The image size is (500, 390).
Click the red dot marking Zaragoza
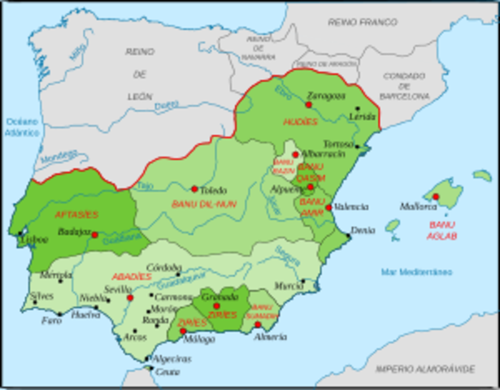click(x=308, y=104)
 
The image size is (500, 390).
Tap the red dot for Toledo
click(x=194, y=188)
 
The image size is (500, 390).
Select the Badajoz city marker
click(x=94, y=235)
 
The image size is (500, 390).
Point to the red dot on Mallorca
click(x=436, y=197)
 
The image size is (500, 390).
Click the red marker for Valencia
click(x=328, y=207)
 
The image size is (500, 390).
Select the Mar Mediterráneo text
click(x=420, y=272)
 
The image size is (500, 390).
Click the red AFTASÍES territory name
click(x=75, y=214)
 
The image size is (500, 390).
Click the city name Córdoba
click(x=163, y=267)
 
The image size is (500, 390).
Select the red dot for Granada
click(x=216, y=306)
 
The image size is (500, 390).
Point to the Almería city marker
click(x=259, y=324)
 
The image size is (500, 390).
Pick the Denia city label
click(x=363, y=230)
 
